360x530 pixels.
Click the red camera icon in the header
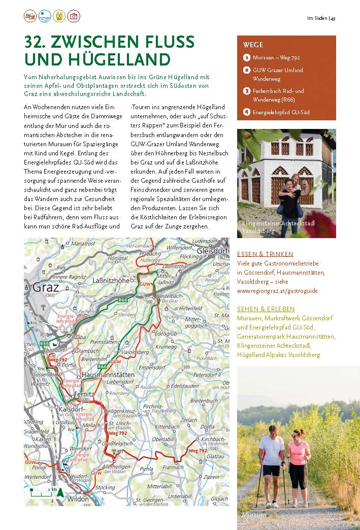[x=74, y=16]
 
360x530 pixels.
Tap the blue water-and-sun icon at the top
[x=45, y=16]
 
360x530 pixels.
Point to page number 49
[x=333, y=19]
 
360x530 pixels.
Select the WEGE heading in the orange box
[x=253, y=45]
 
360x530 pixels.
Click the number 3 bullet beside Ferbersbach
[x=247, y=91]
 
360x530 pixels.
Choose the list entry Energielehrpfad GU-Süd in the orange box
[x=281, y=112]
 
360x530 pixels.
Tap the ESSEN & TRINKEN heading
[x=265, y=254]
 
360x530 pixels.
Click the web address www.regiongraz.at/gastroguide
[x=277, y=291]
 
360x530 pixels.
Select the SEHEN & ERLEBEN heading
[x=266, y=309]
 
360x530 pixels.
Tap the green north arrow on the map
[x=60, y=492]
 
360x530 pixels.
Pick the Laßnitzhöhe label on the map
[x=110, y=280]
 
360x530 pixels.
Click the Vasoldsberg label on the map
[x=135, y=352]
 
